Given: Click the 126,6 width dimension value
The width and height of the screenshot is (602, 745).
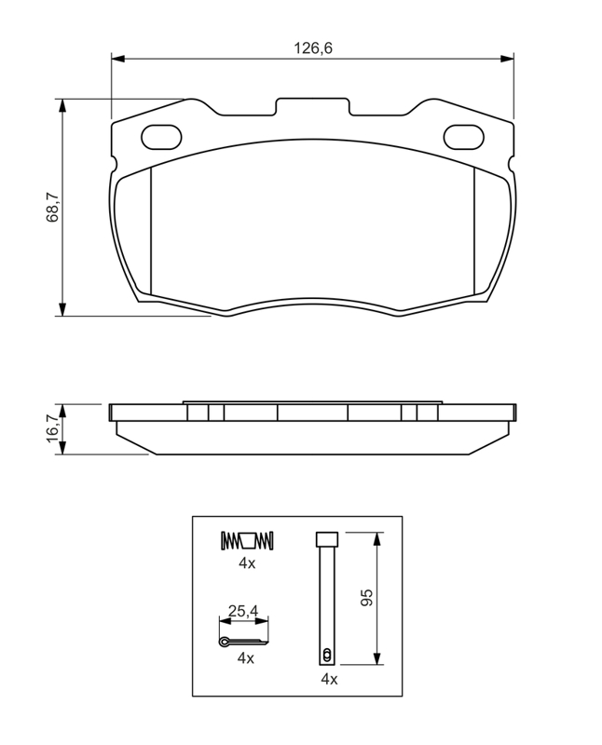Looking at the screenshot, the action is click(x=313, y=48).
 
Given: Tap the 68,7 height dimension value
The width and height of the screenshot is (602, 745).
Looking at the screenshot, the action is click(x=52, y=207).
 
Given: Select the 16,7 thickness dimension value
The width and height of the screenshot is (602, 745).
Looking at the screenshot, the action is click(x=52, y=428).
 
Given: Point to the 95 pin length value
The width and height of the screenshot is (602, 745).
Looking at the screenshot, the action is click(x=366, y=598).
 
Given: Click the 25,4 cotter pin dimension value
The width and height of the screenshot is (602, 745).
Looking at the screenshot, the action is click(x=243, y=611).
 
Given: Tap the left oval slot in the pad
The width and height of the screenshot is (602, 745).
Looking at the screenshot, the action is click(x=161, y=137).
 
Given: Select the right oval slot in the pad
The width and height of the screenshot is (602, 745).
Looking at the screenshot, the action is click(x=464, y=137).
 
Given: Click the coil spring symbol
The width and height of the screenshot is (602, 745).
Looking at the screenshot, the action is click(x=247, y=541).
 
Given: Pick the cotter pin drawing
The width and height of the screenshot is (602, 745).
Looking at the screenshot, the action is click(x=243, y=642).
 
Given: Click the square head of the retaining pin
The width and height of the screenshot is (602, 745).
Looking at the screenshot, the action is click(x=327, y=539).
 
